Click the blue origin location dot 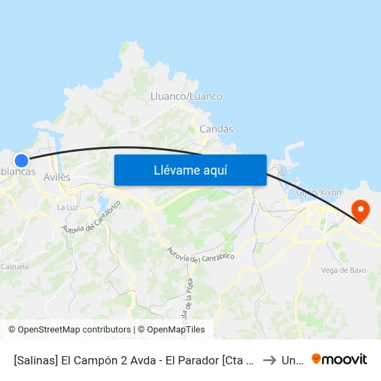pyautogui.click(x=21, y=161)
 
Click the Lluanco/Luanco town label pyautogui.click(x=186, y=97)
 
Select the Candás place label pyautogui.click(x=216, y=129)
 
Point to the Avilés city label pyautogui.click(x=57, y=177)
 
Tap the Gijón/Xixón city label pyautogui.click(x=319, y=191)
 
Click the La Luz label pyautogui.click(x=67, y=207)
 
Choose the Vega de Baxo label pyautogui.click(x=344, y=270)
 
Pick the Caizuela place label pyautogui.click(x=15, y=266)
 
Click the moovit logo pyautogui.click(x=339, y=360)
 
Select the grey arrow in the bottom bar pyautogui.click(x=269, y=360)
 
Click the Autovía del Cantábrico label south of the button pyautogui.click(x=200, y=254)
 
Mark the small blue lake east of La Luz pyautogui.click(x=104, y=202)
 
